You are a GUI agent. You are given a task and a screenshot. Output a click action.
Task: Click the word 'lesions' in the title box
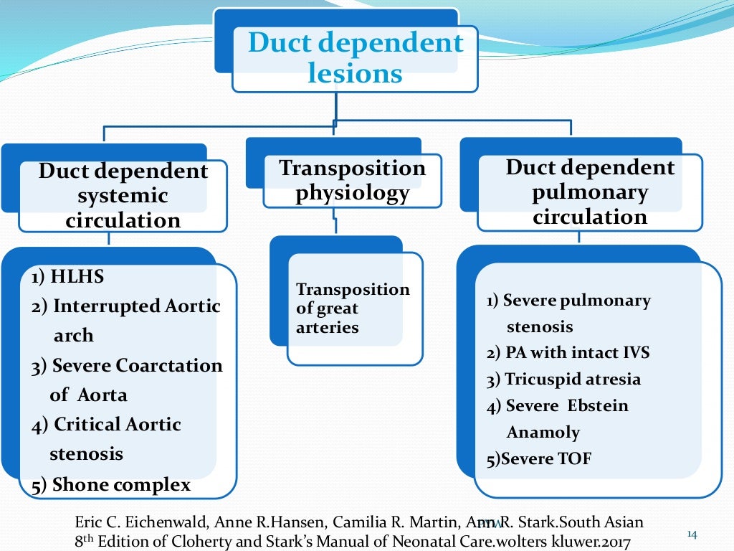[x=355, y=74]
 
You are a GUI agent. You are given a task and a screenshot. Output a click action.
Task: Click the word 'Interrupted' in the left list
[x=107, y=306]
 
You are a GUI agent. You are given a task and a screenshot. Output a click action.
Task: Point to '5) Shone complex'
[x=111, y=485]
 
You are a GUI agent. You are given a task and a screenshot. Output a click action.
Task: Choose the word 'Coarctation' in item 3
[x=169, y=365]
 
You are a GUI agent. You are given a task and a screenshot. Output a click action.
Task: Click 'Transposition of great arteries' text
[x=352, y=309]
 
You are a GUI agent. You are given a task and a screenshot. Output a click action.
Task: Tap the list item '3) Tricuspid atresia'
[x=563, y=380]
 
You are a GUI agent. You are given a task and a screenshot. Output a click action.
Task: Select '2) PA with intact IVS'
[x=568, y=353]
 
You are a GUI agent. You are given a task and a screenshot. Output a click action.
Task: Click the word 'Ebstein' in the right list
[x=598, y=405]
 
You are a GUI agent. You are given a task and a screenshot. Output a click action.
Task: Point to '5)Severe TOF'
[x=539, y=458]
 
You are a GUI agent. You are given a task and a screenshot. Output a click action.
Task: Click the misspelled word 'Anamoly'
[x=543, y=432]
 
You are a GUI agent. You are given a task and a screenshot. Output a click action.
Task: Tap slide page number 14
[x=692, y=534]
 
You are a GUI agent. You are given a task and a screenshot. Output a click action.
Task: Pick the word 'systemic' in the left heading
[x=123, y=196]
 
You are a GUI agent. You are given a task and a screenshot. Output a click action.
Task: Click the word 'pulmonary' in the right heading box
[x=589, y=192]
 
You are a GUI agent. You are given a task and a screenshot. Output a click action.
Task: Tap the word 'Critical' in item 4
[x=89, y=424]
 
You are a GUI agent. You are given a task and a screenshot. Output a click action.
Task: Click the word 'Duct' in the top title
[x=281, y=43]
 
